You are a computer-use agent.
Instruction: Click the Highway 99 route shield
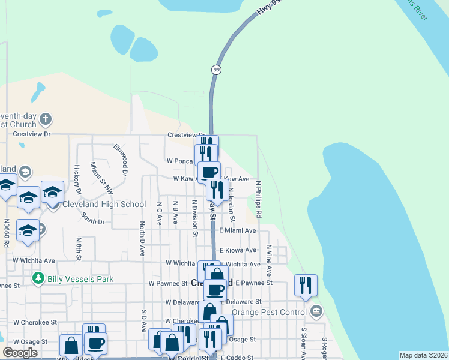click(x=216, y=70)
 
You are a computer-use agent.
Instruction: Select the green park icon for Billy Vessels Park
click(x=38, y=278)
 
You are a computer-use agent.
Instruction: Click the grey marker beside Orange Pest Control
click(x=316, y=311)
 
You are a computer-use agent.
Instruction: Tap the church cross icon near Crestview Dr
click(x=46, y=118)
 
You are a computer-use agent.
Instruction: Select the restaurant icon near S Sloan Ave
click(x=306, y=285)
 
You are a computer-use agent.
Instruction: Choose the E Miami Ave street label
click(x=238, y=230)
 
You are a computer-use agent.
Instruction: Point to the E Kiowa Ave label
click(x=238, y=250)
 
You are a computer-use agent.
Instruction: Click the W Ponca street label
click(x=179, y=161)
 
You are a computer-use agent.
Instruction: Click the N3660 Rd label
click(x=7, y=234)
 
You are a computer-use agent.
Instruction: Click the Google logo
click(x=19, y=352)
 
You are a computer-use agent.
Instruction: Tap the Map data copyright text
click(x=423, y=355)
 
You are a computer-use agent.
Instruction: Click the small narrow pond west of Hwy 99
click(x=37, y=92)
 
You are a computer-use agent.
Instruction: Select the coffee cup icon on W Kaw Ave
click(x=209, y=172)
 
